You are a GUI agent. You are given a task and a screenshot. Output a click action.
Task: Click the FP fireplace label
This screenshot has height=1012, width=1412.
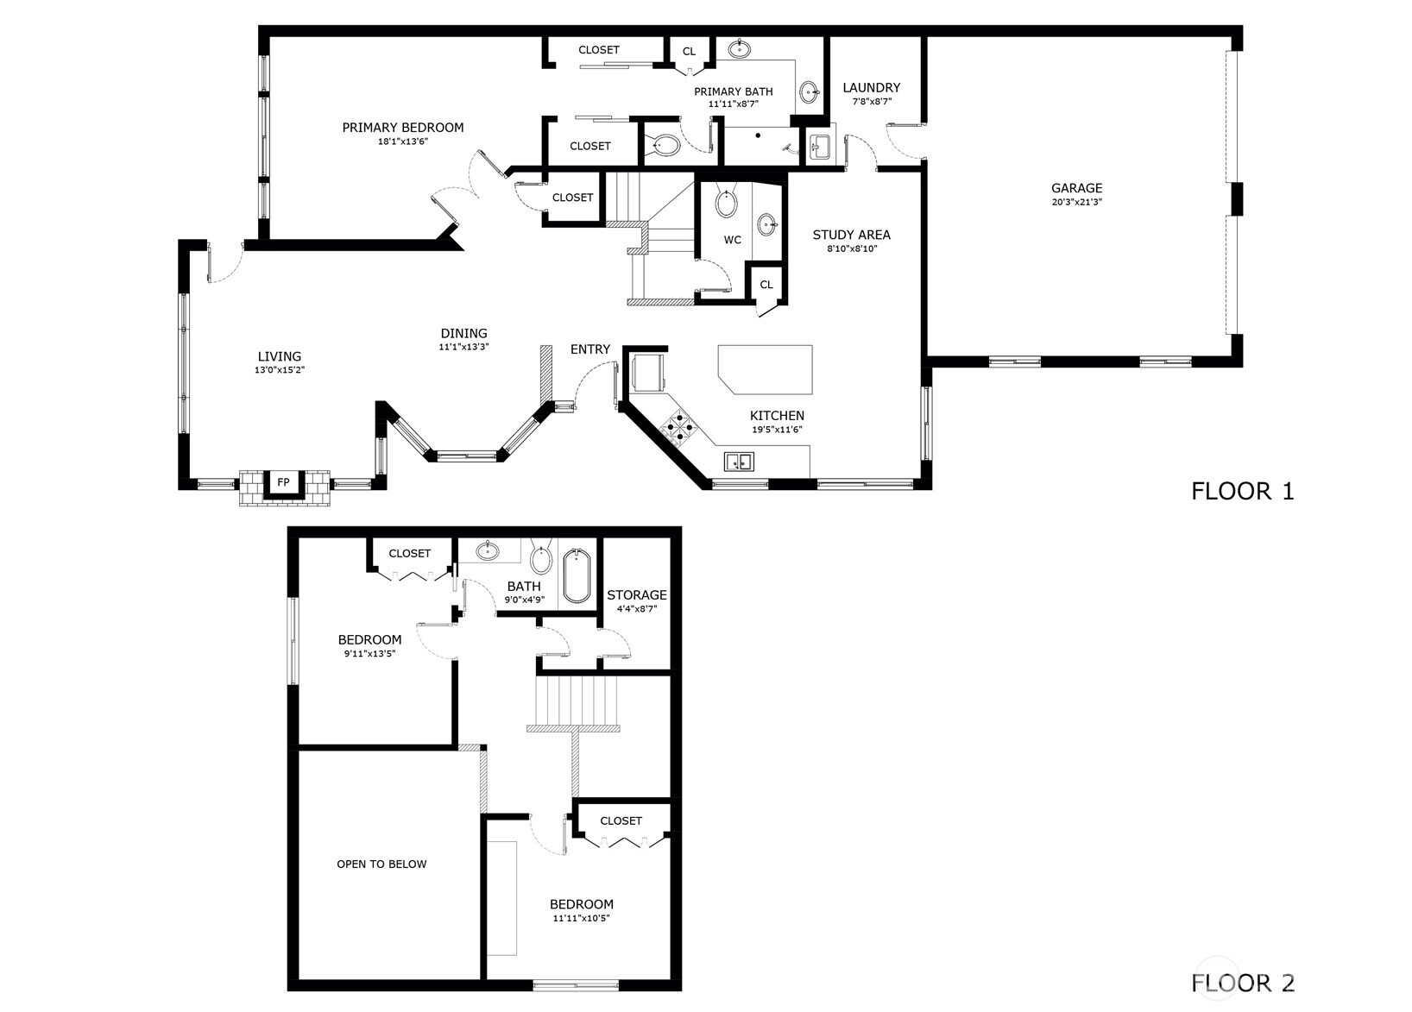(x=283, y=481)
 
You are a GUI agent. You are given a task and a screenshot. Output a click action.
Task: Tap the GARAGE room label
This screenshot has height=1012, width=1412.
(x=1076, y=188)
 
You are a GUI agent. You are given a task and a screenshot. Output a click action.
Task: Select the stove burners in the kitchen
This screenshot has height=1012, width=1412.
(x=678, y=426)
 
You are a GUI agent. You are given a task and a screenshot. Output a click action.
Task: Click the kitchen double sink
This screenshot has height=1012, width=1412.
(x=739, y=462)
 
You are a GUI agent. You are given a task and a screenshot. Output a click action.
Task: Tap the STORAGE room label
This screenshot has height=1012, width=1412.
(x=636, y=594)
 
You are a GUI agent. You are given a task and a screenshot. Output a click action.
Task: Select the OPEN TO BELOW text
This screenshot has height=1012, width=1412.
(x=381, y=864)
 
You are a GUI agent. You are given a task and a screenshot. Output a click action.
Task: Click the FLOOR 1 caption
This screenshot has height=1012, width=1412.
(x=1242, y=492)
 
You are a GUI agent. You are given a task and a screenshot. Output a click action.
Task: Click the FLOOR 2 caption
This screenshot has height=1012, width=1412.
(x=1242, y=982)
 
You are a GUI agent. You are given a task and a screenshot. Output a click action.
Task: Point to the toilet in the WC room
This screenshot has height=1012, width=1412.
(x=727, y=204)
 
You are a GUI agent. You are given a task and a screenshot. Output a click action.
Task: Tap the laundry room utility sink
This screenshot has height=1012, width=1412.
(x=818, y=146)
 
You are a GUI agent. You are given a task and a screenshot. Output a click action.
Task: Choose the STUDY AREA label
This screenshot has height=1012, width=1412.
(x=851, y=235)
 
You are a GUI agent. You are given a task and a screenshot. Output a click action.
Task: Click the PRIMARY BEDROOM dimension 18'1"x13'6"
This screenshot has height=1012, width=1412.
(x=403, y=141)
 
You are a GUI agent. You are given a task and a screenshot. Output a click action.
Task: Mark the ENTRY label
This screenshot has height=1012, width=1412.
(x=589, y=349)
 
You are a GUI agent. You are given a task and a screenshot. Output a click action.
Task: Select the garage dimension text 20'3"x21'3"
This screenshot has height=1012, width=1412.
(x=1076, y=202)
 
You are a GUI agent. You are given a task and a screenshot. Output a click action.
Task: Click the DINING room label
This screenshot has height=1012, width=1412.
(x=463, y=333)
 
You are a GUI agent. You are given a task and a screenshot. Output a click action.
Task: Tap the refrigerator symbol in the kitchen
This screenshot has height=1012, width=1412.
(x=648, y=372)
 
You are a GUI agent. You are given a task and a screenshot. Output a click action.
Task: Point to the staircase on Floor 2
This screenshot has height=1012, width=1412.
(x=577, y=702)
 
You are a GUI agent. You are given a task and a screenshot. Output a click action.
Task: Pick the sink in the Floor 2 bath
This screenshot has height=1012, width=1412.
(x=489, y=550)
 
